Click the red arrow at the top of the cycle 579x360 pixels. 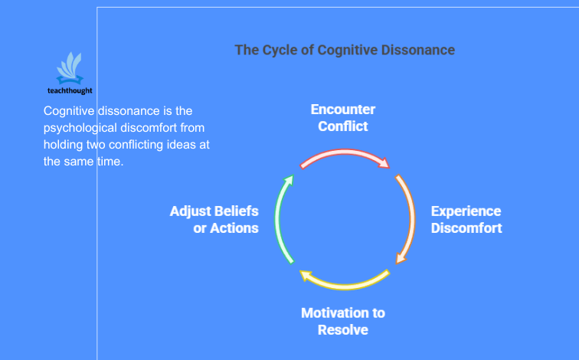(344, 152)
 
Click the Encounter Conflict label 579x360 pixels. (342, 118)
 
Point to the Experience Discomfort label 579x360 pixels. (466, 219)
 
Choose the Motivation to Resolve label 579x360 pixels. (342, 322)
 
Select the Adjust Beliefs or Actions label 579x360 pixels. (214, 219)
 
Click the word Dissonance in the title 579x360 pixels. (419, 51)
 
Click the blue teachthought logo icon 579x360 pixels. (73, 68)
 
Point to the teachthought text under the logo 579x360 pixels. (75, 90)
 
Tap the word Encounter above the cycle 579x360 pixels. (342, 110)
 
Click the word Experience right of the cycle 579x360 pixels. (466, 211)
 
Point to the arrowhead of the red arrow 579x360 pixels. (384, 162)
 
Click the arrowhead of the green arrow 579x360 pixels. (289, 180)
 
